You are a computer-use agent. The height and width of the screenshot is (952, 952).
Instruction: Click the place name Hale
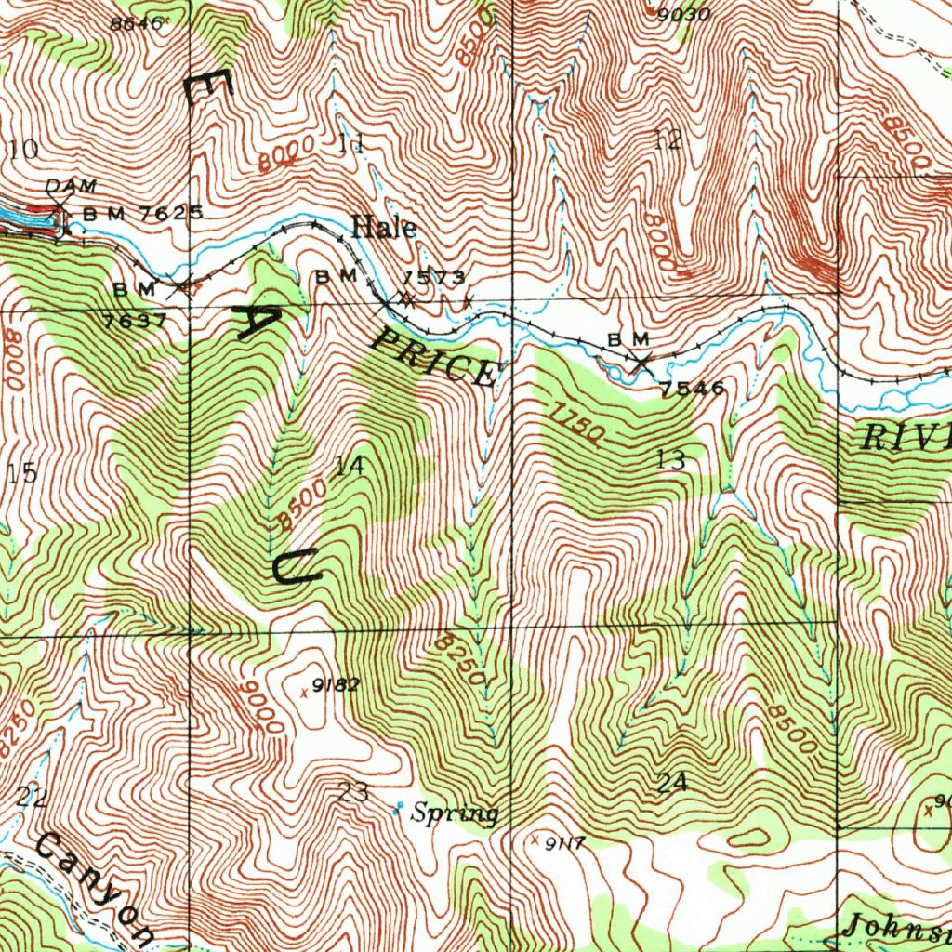[383, 227]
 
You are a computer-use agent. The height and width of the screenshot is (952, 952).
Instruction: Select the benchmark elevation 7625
[170, 213]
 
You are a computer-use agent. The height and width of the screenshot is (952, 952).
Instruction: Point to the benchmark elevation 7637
[135, 321]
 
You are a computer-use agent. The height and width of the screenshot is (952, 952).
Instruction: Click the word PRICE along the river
[432, 359]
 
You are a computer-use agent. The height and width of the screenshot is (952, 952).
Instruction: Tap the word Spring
[455, 814]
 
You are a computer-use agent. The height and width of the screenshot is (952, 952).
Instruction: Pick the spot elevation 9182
[336, 686]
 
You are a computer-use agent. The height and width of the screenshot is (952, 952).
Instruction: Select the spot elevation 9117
[564, 843]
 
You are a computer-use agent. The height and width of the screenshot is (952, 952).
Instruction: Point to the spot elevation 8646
[136, 24]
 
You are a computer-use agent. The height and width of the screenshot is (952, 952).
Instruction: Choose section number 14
[349, 467]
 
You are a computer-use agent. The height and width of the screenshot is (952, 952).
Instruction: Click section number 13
[670, 458]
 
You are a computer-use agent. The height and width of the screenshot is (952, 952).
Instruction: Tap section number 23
[352, 793]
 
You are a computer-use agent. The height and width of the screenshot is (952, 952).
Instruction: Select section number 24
[672, 783]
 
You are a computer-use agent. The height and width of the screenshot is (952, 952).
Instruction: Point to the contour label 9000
[259, 706]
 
